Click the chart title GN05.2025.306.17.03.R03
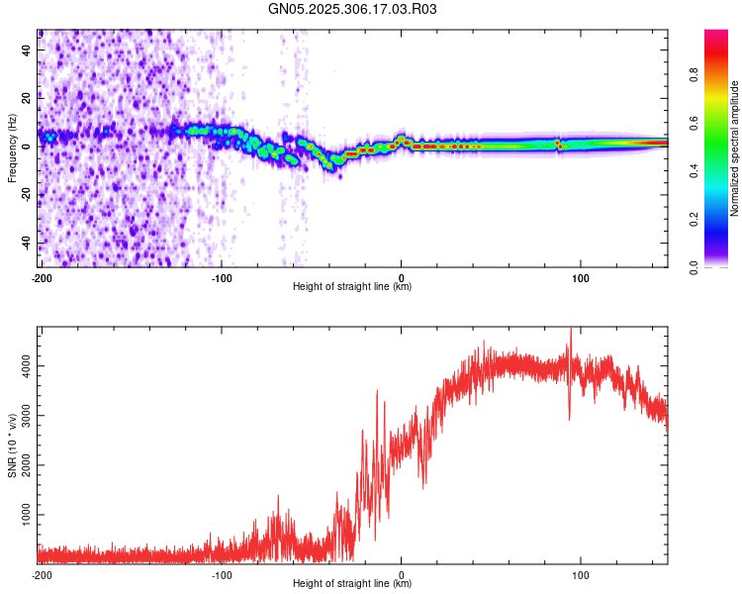coord(353,10)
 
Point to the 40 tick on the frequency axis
coord(27,49)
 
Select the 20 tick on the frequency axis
coord(27,97)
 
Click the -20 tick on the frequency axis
coord(25,195)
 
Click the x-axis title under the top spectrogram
coord(352,287)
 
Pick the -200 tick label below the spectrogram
coord(42,277)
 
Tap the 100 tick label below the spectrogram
coord(581,277)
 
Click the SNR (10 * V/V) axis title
coord(12,445)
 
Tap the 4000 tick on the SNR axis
coord(21,366)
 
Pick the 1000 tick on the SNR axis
coord(21,516)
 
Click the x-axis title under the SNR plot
coord(352,584)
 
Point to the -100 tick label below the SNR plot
coord(222,574)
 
